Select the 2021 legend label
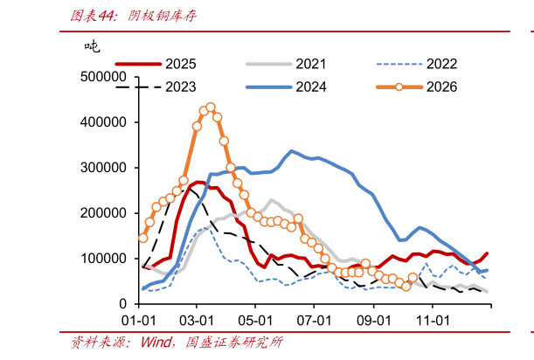pos(311,64)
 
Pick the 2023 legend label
pos(181,87)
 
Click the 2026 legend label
pos(441,87)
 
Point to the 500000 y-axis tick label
pos(103,77)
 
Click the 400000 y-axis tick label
pos(103,122)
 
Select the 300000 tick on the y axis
pos(103,168)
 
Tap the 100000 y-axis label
pos(103,259)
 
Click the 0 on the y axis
pos(122,304)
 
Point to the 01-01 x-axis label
pos(139,321)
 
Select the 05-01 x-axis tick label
pos(255,321)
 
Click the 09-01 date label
pos(373,321)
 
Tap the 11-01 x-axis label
pos(433,321)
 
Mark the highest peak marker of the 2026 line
pos(211,107)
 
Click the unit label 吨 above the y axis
pos(93,46)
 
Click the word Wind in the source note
pos(156,342)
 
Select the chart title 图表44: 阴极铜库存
pos(134,16)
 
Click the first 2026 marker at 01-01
pos(143,238)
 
